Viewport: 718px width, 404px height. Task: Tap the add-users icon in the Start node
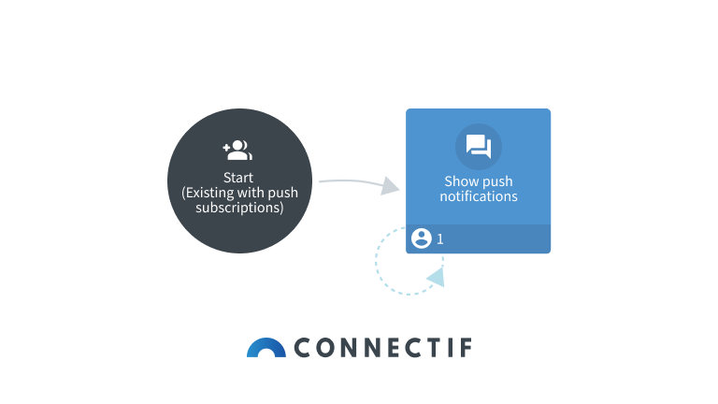[x=237, y=150]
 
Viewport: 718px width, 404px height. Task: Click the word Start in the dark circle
[x=238, y=178]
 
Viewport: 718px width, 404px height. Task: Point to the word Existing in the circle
[x=211, y=193]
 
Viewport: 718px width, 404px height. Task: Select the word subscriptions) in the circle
[x=238, y=208]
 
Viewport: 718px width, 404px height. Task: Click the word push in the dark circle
[x=282, y=193]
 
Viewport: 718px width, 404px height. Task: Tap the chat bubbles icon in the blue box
[x=478, y=147]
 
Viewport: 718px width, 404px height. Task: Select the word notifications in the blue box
[x=479, y=196]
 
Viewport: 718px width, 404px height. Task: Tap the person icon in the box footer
[x=421, y=238]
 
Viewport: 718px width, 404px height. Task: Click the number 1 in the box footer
[x=440, y=239]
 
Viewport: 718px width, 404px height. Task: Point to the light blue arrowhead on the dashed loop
[x=435, y=276]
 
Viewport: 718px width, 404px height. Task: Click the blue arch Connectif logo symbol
[x=266, y=347]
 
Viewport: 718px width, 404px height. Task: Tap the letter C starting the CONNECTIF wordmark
[x=304, y=348]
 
